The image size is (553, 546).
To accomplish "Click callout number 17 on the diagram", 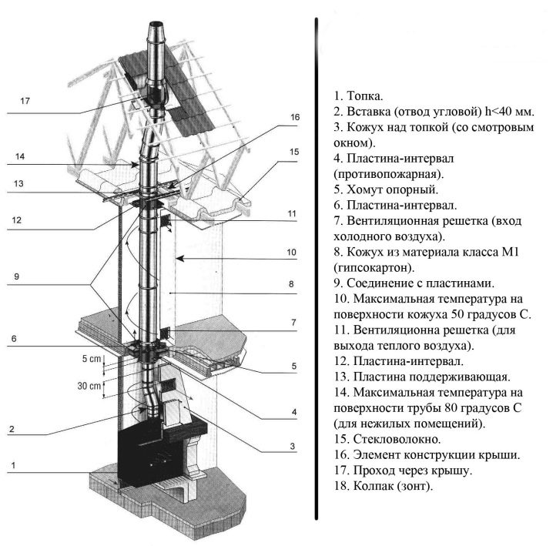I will [25, 101].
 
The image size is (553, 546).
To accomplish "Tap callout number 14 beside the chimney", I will [21, 156].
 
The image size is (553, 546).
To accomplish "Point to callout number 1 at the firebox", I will [12, 466].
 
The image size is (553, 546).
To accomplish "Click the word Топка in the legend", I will [364, 97].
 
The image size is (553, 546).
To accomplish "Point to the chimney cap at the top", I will [155, 33].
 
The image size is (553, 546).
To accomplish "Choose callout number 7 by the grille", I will [293, 321].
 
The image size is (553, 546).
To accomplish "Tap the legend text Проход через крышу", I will [408, 470].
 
